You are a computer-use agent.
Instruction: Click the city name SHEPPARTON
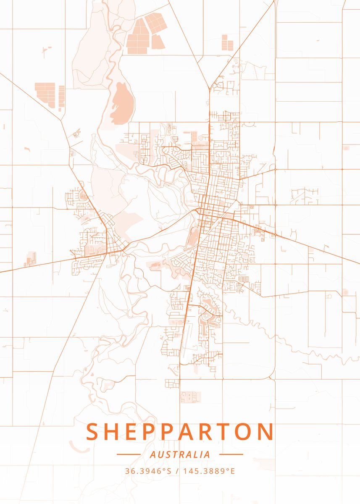[180, 432]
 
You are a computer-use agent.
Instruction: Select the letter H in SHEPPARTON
[114, 432]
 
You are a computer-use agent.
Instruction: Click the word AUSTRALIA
[180, 454]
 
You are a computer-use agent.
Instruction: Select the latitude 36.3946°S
[149, 471]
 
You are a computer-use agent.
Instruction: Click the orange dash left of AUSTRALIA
[129, 454]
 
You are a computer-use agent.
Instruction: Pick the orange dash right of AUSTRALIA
[231, 454]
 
